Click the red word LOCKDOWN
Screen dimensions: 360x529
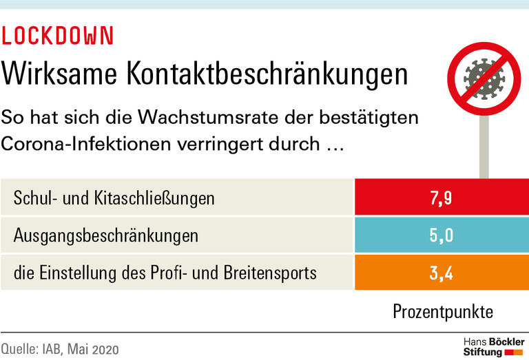tap(58, 36)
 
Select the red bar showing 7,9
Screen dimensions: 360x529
tap(441, 198)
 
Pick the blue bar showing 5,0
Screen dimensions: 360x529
tap(441, 235)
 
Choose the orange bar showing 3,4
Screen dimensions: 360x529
tap(441, 273)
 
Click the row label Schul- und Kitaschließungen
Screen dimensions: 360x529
tap(114, 199)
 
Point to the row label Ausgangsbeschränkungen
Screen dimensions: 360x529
tap(106, 236)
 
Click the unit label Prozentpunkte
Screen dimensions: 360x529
tap(443, 311)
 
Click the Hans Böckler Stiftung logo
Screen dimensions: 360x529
tap(494, 347)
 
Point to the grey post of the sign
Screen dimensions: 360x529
tap(484, 145)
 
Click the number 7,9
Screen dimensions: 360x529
tap(441, 199)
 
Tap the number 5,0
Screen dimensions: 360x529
tap(441, 236)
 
